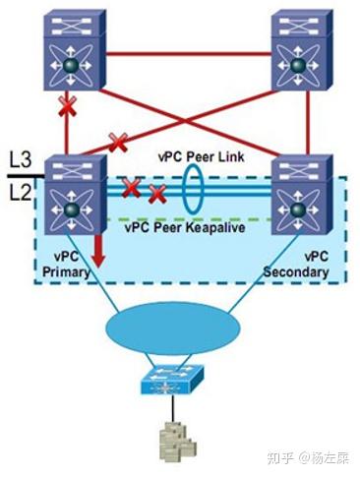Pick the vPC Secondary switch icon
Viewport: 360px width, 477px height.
296,197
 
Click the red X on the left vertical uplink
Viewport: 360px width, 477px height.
67,107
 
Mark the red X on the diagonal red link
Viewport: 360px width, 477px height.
118,144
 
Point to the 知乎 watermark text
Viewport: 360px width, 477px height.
285,457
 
